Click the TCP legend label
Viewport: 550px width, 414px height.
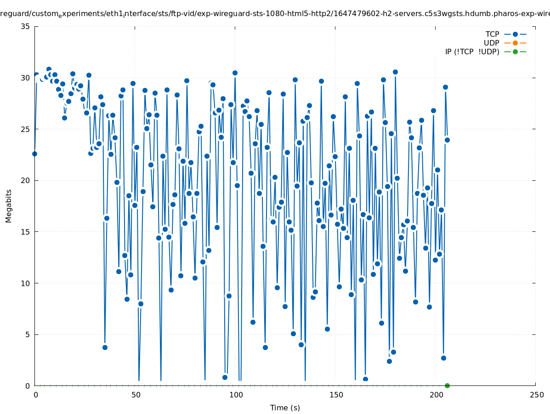click(x=492, y=34)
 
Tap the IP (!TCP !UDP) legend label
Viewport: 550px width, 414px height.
click(x=472, y=52)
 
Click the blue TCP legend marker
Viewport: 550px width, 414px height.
click(x=515, y=34)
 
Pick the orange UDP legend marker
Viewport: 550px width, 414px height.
click(x=515, y=43)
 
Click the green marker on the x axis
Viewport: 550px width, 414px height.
click(x=447, y=385)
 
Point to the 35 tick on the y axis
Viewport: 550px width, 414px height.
click(x=26, y=26)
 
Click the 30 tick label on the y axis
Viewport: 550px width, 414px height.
click(x=26, y=78)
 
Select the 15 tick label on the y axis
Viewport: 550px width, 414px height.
click(x=26, y=232)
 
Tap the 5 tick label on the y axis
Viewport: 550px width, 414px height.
click(x=28, y=334)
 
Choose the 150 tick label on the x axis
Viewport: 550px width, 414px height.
click(x=336, y=395)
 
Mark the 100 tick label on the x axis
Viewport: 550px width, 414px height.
click(x=236, y=395)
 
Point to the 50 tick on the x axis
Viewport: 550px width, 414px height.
click(x=136, y=395)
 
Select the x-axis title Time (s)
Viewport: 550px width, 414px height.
click(x=285, y=408)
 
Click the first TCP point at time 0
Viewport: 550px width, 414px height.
click(x=34, y=154)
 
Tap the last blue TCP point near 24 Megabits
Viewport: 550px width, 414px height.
click(x=447, y=140)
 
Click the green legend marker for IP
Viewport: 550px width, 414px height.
click(x=515, y=52)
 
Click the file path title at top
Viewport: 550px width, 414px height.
click(x=275, y=14)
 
